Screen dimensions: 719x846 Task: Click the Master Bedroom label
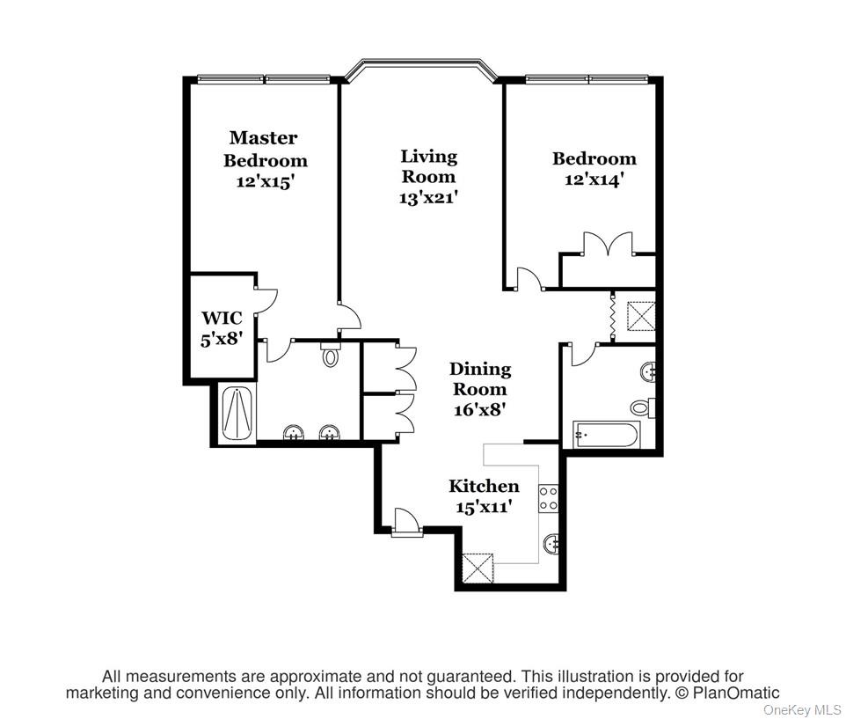point(265,149)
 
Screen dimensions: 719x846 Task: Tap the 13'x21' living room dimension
point(428,198)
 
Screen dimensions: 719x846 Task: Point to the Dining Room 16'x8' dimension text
point(479,409)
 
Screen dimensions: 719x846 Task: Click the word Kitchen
point(484,486)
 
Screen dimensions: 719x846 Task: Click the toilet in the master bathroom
point(331,356)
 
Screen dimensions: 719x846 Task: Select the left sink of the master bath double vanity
point(292,432)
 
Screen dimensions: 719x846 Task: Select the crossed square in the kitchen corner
point(478,567)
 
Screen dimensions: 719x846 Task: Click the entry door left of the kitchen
point(406,520)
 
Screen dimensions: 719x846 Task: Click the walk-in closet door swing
point(266,298)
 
